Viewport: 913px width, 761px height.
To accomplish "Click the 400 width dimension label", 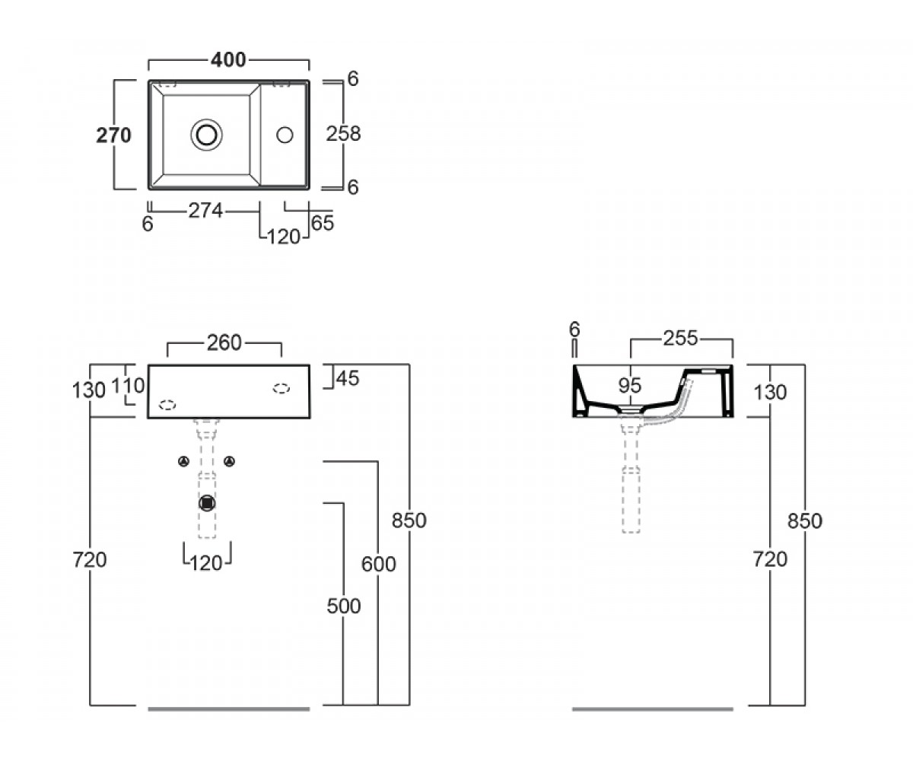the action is pyautogui.click(x=228, y=60).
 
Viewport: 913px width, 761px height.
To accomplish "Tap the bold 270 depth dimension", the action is pyautogui.click(x=113, y=135).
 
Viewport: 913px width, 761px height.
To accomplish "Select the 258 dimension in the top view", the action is pyautogui.click(x=343, y=134).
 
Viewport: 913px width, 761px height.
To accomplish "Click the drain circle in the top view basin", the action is pyautogui.click(x=206, y=135).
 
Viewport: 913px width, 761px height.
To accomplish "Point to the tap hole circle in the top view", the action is pyautogui.click(x=285, y=135).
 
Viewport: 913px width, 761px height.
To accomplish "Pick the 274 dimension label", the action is pyautogui.click(x=205, y=211).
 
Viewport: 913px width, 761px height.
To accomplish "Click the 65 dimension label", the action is pyautogui.click(x=323, y=223).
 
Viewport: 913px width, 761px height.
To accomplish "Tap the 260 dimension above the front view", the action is pyautogui.click(x=224, y=342).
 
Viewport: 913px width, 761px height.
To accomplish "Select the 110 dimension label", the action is pyautogui.click(x=128, y=386).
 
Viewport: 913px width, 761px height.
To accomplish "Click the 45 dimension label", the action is pyautogui.click(x=348, y=378).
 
